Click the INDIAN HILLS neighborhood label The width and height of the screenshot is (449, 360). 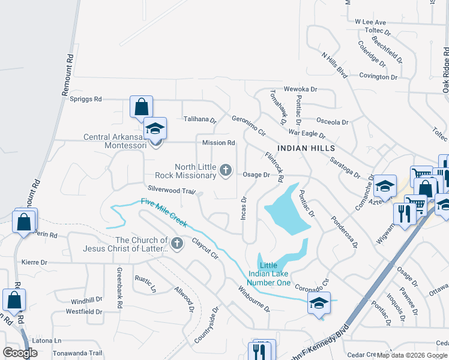(306, 148)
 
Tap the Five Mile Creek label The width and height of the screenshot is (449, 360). (163, 214)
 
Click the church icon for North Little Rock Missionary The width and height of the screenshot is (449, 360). (226, 172)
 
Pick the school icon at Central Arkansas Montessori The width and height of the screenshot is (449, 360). (155, 130)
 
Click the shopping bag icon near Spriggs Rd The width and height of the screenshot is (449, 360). (142, 107)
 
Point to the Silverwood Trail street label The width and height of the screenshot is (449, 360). (172, 191)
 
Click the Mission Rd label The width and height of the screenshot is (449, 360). (218, 143)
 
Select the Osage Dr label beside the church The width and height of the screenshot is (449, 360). (257, 175)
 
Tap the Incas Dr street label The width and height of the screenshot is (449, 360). (244, 208)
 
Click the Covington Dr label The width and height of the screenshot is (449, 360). (378, 77)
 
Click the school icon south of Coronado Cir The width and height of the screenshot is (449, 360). (319, 304)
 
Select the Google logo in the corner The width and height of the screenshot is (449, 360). (20, 353)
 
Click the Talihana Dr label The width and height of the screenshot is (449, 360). (200, 119)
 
